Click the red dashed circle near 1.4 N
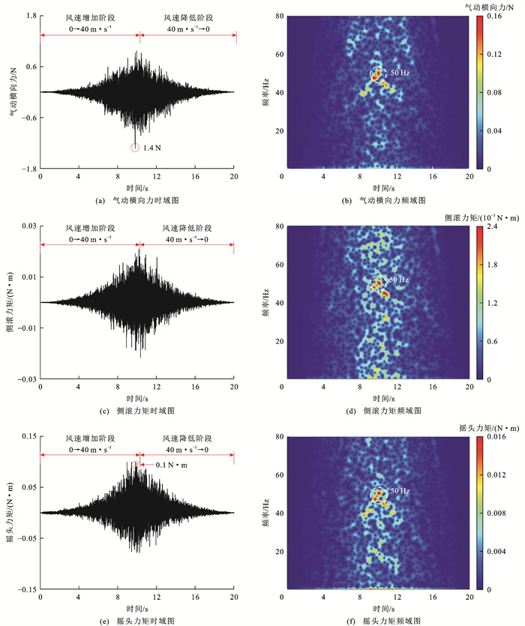pos(135,148)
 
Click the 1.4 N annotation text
pos(153,148)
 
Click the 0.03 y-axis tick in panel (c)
pos(25,226)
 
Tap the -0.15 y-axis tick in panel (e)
pos(24,589)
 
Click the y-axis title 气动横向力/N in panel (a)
pos(12,92)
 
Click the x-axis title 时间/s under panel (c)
pos(137,398)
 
